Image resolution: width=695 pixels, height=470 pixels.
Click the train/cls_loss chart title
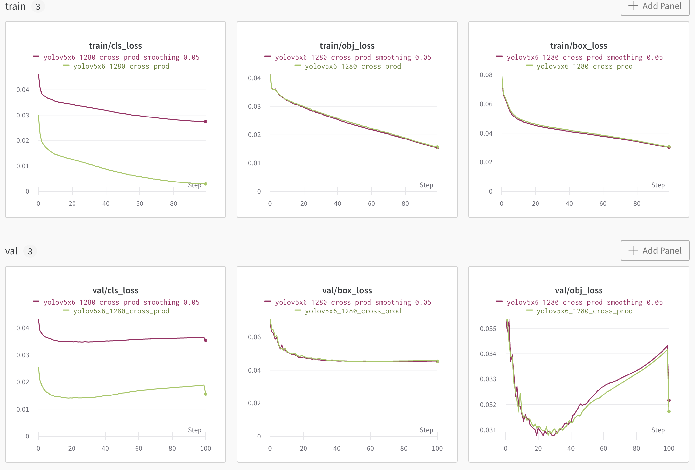click(x=115, y=46)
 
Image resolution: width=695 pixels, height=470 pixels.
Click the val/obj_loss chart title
click(x=579, y=290)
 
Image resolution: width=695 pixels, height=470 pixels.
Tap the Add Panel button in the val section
click(x=655, y=251)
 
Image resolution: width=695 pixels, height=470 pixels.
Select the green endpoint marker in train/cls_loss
click(x=206, y=184)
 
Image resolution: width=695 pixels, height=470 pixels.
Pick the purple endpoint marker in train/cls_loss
click(x=206, y=122)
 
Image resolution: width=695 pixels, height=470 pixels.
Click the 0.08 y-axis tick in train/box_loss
click(x=486, y=75)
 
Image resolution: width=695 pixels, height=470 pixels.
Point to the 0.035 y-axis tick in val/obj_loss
click(x=488, y=329)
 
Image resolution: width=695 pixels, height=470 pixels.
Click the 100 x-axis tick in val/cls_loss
click(x=205, y=448)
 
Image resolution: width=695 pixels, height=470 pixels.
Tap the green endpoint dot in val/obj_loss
click(x=669, y=411)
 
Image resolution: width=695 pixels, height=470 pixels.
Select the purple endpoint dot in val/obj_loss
click(x=669, y=400)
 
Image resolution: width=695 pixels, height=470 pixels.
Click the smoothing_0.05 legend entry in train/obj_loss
click(x=353, y=57)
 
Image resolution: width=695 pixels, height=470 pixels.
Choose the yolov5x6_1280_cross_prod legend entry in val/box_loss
click(x=353, y=311)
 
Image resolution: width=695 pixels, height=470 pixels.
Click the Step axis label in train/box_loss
click(x=658, y=185)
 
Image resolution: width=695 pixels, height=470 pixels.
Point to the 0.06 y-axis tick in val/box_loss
click(x=254, y=337)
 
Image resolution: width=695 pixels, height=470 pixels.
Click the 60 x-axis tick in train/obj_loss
click(x=371, y=203)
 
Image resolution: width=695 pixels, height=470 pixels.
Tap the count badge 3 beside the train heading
click(x=38, y=7)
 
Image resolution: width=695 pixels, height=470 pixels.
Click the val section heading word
click(x=11, y=251)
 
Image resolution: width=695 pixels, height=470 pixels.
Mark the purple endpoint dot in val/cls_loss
click(x=206, y=340)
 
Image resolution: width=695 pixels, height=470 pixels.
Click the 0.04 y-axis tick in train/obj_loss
click(x=254, y=78)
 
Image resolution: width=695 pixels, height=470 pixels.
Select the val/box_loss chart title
click(x=347, y=290)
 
